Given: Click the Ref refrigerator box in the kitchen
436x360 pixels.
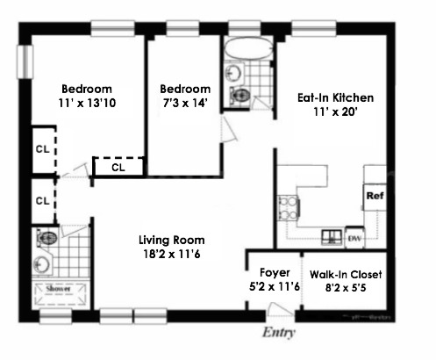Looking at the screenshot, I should tap(375, 196).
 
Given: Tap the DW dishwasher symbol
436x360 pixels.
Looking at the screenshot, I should tap(355, 236).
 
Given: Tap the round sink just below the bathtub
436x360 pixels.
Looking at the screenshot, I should tap(233, 73).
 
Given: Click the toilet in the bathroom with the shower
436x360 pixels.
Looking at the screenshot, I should tap(47, 237).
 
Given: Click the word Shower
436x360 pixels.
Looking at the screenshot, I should tap(58, 288).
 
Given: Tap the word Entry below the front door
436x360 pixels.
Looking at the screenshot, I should tap(281, 334).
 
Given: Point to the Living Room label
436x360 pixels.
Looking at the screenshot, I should tap(172, 240).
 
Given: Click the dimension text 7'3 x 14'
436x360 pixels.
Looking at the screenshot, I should tap(185, 104).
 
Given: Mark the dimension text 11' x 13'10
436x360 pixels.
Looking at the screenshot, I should tap(87, 104).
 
